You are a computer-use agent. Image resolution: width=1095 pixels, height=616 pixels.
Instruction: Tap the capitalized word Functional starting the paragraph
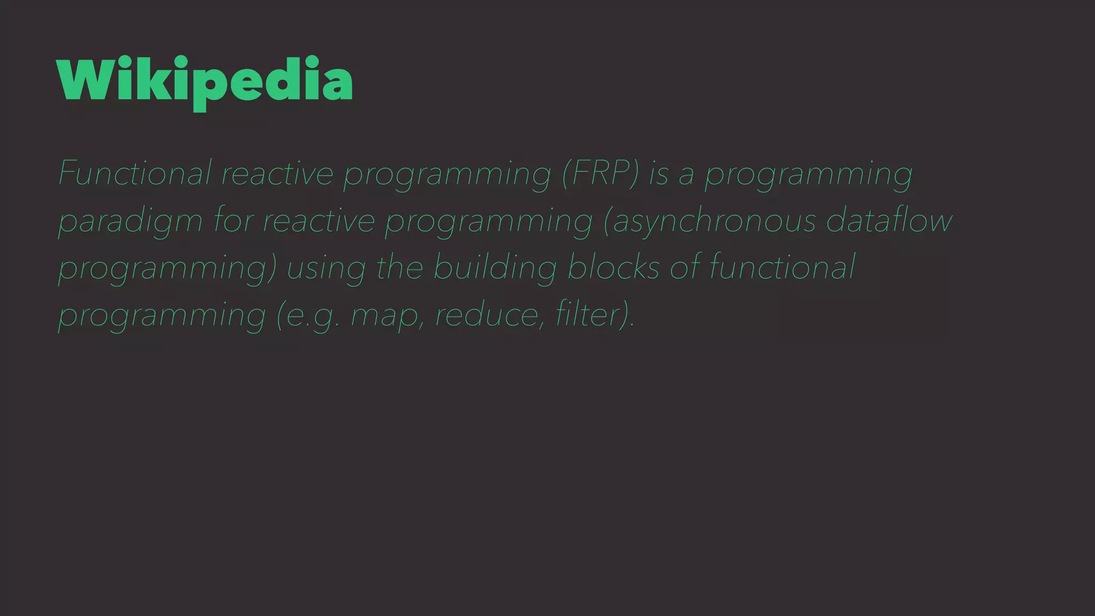(135, 173)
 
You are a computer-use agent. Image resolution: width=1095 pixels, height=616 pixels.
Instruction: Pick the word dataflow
(889, 220)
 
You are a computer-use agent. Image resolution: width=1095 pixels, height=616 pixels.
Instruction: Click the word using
(326, 267)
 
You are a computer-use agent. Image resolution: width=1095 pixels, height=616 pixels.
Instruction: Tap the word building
(495, 267)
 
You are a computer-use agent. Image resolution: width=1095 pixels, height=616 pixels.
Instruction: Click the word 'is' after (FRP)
(658, 173)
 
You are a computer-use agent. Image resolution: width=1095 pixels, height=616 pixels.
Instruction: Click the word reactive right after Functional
(277, 173)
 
